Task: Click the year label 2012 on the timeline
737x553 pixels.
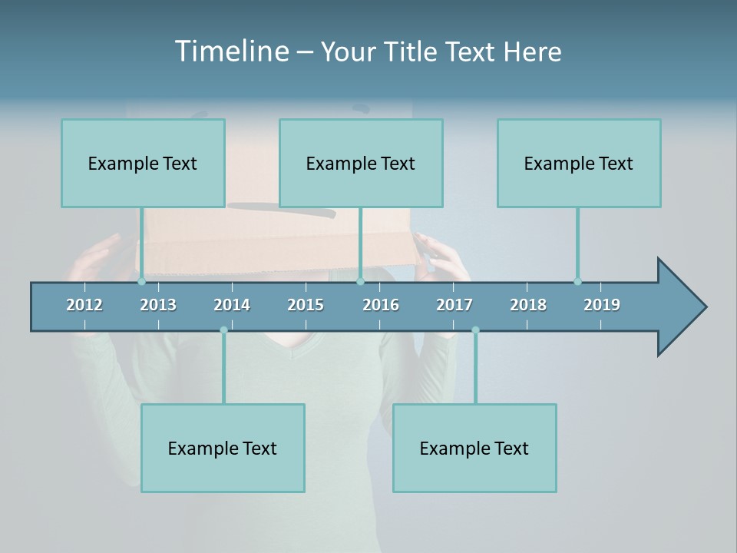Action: click(84, 305)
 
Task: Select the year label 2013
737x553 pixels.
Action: click(158, 305)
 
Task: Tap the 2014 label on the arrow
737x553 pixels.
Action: click(232, 305)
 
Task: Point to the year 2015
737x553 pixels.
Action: click(306, 305)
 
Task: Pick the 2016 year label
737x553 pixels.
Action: click(381, 305)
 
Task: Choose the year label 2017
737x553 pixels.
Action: click(454, 305)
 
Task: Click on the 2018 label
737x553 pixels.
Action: click(528, 305)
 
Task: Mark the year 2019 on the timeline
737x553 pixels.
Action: click(602, 305)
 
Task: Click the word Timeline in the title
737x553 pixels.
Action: click(232, 51)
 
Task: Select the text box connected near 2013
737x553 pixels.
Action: click(143, 163)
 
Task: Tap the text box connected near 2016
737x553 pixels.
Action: click(361, 163)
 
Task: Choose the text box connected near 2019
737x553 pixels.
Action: click(579, 163)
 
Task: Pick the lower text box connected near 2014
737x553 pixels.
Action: click(223, 448)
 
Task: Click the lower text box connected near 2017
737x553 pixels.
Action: click(474, 448)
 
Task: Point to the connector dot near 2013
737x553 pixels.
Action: click(141, 281)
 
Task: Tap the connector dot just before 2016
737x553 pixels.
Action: click(360, 281)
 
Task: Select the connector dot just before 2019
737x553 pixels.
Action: click(577, 281)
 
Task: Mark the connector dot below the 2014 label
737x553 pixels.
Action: click(223, 330)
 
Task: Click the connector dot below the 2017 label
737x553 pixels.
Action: click(475, 330)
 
